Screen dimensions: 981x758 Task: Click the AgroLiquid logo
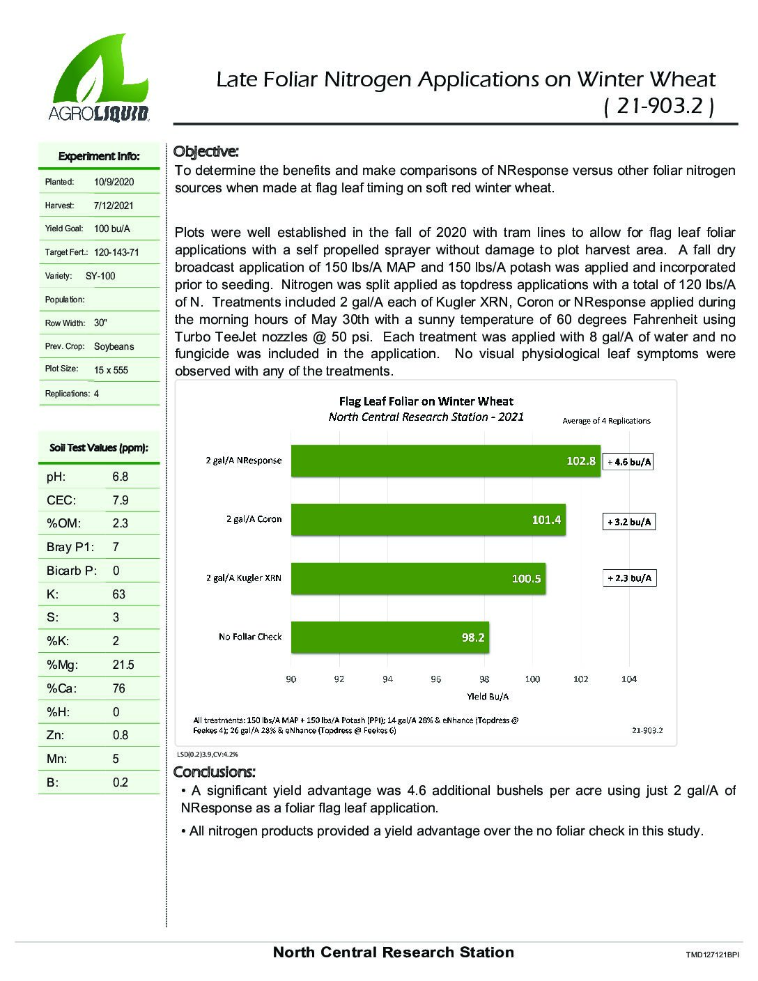[x=98, y=78]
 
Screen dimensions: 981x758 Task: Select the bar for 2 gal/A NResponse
[x=445, y=461]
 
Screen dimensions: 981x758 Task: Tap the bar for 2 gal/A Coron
[x=428, y=519]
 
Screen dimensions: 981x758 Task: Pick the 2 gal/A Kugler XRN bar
[x=418, y=578]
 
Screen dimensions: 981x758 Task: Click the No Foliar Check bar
[x=389, y=637]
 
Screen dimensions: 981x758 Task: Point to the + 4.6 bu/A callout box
[x=628, y=461]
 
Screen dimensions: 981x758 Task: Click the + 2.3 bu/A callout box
[x=629, y=578]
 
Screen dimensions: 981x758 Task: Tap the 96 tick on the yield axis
[x=436, y=679]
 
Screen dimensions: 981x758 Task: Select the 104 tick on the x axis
[x=628, y=679]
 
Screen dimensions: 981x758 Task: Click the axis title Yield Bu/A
[x=488, y=696]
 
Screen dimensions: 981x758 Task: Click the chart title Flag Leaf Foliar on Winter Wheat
[x=426, y=401]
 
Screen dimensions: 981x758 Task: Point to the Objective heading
[x=206, y=151]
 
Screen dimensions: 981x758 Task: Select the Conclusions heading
[x=214, y=772]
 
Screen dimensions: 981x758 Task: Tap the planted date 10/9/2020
[x=114, y=182]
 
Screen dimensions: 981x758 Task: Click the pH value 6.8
[x=121, y=477]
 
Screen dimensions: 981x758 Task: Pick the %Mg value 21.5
[x=123, y=665]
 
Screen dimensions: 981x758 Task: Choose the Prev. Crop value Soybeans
[x=114, y=346]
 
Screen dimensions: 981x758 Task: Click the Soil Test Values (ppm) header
[x=99, y=448]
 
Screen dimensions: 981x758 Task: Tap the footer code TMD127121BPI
[x=711, y=955]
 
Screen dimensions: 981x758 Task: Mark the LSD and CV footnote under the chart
[x=207, y=754]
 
